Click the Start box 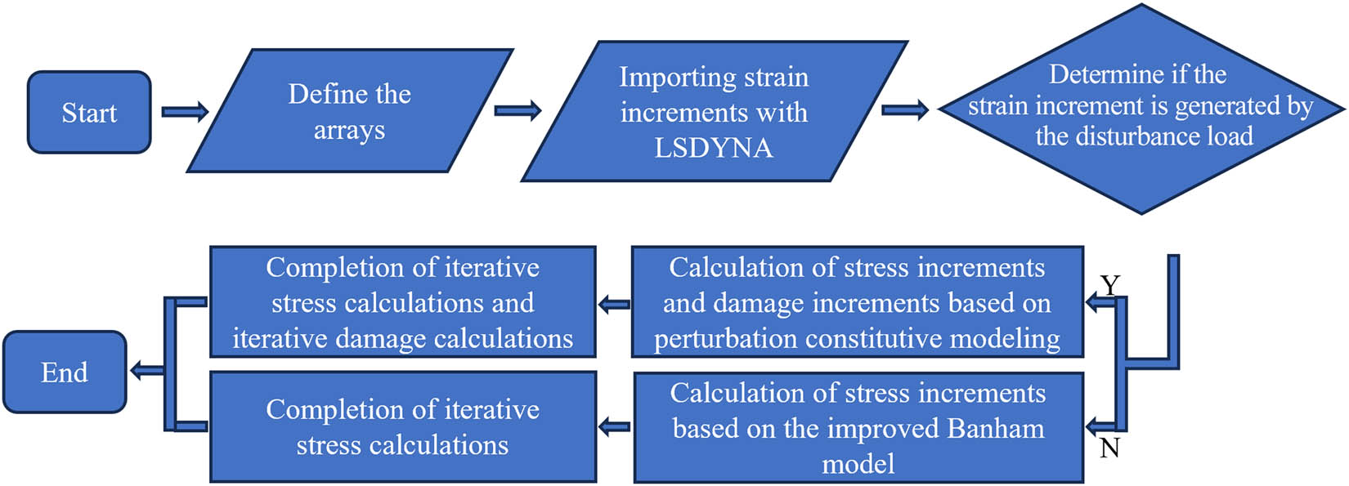(89, 112)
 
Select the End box (65, 372)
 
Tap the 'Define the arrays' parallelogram (350, 110)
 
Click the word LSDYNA (714, 148)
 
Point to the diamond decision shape (1141, 109)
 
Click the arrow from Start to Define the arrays (185, 112)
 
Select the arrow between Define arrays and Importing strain (518, 110)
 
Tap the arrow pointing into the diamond (905, 110)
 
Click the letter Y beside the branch (1110, 284)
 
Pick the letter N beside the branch (1109, 448)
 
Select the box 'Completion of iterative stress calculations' (403, 426)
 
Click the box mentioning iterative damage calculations (403, 302)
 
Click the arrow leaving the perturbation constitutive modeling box (614, 305)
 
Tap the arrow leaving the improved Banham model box (614, 427)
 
